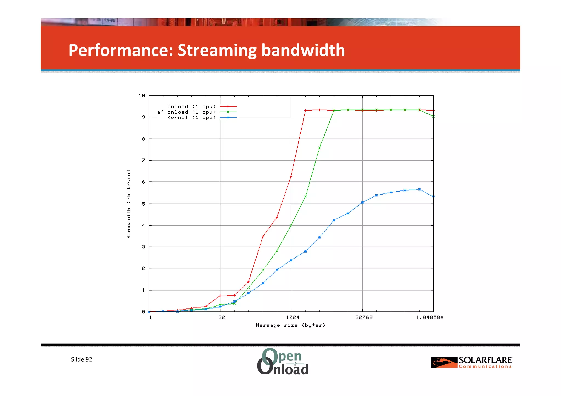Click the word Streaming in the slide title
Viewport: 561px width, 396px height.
(217, 50)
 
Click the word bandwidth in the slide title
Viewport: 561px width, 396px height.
(303, 50)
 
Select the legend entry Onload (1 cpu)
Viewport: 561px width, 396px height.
(192, 106)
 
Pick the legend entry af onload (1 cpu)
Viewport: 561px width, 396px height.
(187, 112)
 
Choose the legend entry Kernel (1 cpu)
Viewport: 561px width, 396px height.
(192, 117)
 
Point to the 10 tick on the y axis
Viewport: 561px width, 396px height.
(142, 96)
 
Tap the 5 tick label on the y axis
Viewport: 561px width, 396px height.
(143, 204)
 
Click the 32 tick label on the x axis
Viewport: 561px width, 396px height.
(222, 317)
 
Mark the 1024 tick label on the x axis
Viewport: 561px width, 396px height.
(293, 317)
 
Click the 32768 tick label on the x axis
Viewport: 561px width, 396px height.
(364, 317)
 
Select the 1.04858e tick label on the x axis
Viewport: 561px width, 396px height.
(429, 317)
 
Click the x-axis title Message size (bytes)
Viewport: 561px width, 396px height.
(290, 325)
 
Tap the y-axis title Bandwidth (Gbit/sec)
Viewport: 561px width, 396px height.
(128, 204)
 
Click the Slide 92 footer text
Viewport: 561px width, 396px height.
(82, 359)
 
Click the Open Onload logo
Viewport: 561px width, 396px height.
(283, 361)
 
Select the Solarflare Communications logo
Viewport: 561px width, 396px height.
(471, 362)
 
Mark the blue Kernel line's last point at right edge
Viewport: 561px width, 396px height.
(433, 197)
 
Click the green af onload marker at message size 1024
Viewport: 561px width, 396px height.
(291, 225)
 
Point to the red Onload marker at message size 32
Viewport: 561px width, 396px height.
(220, 296)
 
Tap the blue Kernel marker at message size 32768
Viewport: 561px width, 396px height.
(362, 202)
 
